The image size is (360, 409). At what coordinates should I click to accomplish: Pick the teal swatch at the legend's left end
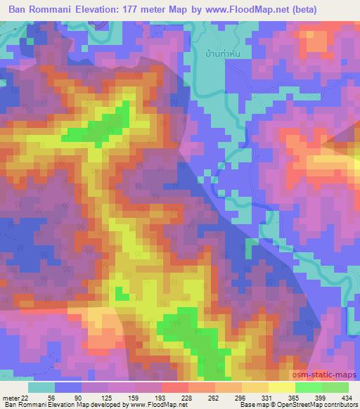[41, 387]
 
